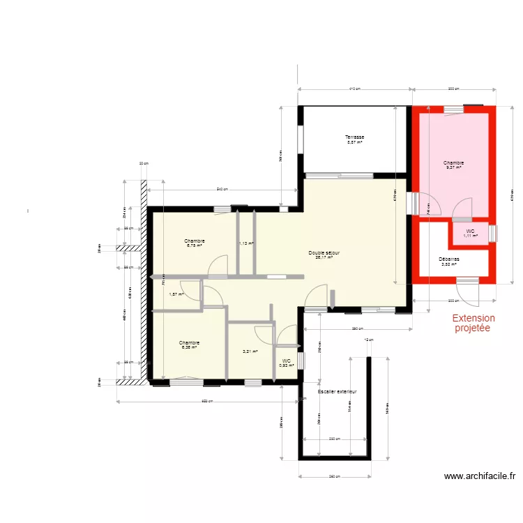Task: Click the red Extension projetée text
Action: (473, 322)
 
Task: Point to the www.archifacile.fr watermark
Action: (480, 477)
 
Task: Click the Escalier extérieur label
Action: (337, 392)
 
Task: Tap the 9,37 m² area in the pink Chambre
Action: (453, 167)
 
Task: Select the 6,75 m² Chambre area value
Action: (195, 245)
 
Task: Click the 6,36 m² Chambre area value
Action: (189, 347)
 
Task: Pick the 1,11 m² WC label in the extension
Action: (471, 236)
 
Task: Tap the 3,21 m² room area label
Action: (250, 351)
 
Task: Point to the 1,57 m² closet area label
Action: (176, 294)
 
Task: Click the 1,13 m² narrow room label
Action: (246, 243)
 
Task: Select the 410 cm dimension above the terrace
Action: (354, 89)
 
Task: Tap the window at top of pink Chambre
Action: (453, 108)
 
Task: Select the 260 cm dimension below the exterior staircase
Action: (334, 477)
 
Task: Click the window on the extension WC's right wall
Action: (493, 233)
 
